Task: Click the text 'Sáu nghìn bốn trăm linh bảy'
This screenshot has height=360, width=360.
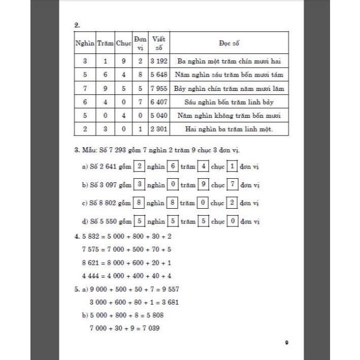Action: [230, 102]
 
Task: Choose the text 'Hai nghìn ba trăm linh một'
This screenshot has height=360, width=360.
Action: [230, 129]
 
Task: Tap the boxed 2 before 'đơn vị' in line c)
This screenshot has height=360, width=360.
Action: [232, 203]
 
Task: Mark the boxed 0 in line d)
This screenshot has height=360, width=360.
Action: [232, 221]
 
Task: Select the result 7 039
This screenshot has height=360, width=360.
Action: [150, 328]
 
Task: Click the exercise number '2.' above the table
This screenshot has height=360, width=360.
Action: [77, 23]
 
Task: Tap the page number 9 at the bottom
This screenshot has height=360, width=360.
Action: [287, 342]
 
